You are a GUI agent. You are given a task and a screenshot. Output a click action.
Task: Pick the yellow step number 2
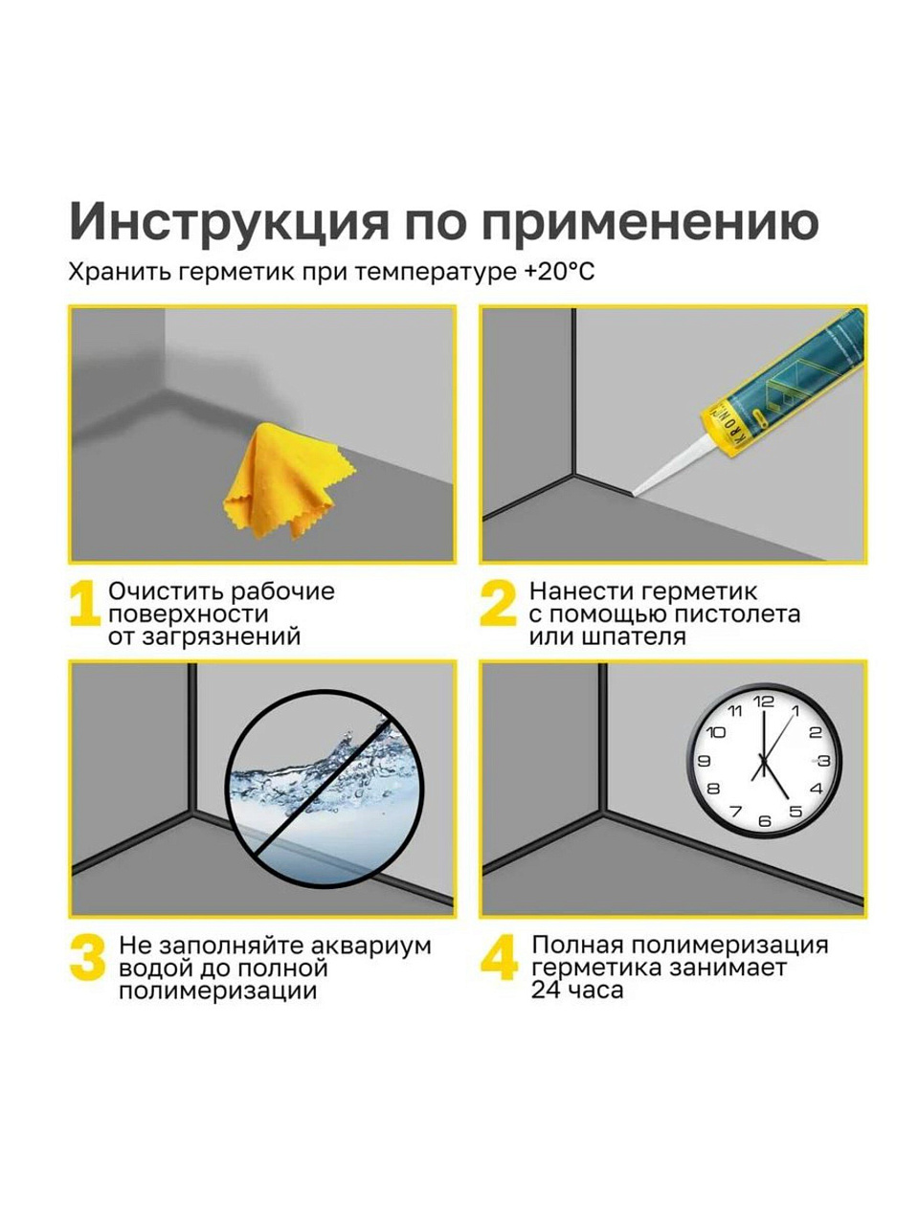click(498, 603)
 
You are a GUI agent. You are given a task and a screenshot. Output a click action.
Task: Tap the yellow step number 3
click(88, 958)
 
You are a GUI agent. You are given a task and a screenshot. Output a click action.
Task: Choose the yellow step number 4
click(500, 958)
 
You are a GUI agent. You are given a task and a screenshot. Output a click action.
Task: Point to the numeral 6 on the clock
click(765, 821)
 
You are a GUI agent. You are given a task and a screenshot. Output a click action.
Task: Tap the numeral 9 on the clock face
click(705, 760)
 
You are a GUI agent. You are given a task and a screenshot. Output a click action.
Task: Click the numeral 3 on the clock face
click(824, 760)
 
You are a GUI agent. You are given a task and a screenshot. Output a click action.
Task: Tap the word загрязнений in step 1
click(221, 636)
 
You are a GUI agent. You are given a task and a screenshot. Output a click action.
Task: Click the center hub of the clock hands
click(763, 760)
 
